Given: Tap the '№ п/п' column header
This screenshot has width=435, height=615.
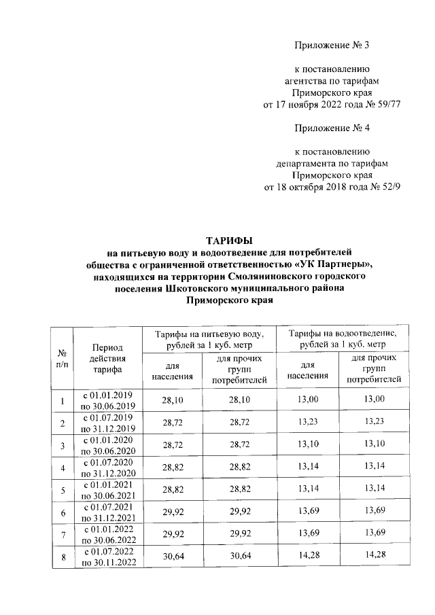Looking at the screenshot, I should [62, 358].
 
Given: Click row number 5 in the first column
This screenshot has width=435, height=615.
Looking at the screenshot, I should [62, 491].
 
